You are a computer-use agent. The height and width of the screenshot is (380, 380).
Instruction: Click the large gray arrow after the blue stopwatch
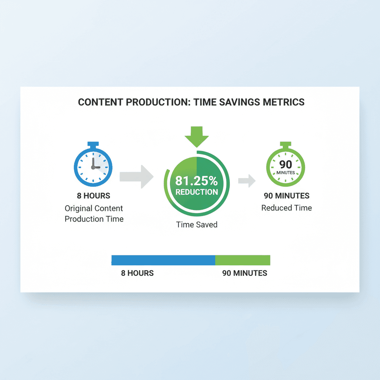[x=137, y=177]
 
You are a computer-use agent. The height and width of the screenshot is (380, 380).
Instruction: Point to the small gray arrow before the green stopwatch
[x=247, y=181]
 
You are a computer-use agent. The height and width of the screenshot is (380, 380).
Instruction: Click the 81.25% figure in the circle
[x=197, y=181]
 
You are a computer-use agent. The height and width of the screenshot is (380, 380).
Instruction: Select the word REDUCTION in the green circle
[x=197, y=192]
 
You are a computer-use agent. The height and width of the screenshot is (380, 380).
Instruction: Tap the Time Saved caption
[x=197, y=225]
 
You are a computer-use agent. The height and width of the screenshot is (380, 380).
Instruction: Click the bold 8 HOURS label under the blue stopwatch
[x=94, y=196]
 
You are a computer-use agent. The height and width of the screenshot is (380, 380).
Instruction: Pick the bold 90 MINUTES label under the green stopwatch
[x=286, y=196]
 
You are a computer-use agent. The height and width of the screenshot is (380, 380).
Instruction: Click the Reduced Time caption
[x=286, y=208]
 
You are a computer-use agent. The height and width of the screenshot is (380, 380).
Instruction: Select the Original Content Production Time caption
[x=94, y=213]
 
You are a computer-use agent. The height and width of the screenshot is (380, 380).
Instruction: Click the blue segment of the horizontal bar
[x=163, y=260]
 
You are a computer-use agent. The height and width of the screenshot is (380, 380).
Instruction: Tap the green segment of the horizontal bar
[x=243, y=260]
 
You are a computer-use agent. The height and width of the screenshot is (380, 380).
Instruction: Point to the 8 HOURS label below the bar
[x=137, y=273]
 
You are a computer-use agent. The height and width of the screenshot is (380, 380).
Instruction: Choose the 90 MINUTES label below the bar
[x=245, y=273]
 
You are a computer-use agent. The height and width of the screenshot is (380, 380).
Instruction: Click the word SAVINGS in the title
[x=234, y=102]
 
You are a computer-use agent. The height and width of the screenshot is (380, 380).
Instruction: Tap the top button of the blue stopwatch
[x=93, y=144]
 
